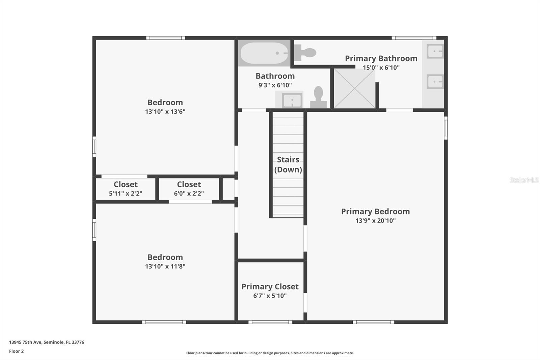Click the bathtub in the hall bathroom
264,53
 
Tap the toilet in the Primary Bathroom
305,52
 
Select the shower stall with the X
354,88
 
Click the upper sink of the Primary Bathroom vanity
435,51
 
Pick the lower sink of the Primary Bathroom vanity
435,81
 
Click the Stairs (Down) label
288,164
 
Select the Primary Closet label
270,287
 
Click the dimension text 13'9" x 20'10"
375,221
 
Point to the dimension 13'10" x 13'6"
165,111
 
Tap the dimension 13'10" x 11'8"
165,266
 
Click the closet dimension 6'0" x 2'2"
189,194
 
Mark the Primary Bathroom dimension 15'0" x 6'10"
381,68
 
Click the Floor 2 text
16,351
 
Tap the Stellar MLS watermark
524,180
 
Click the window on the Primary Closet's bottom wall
270,322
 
